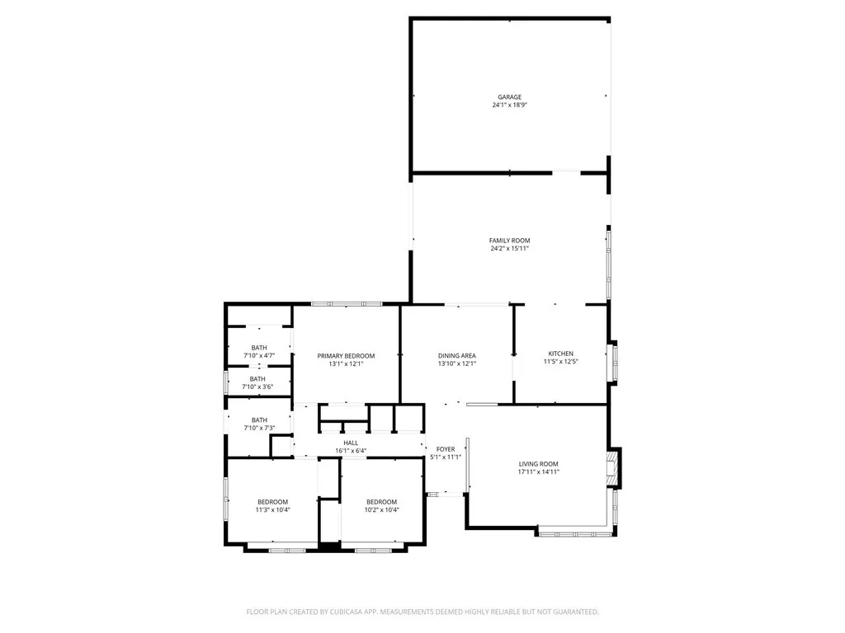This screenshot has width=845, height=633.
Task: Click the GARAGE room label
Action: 509,97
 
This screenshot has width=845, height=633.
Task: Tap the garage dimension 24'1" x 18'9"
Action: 509,105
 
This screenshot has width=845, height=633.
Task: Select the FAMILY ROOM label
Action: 509,241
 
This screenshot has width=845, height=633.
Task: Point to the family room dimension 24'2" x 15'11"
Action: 509,248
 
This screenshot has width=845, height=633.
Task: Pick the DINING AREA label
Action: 456,355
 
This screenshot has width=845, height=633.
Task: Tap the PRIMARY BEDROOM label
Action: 346,356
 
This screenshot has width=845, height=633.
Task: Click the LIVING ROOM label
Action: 538,464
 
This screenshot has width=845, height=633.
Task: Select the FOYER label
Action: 446,449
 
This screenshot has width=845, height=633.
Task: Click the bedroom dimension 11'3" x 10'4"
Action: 272,510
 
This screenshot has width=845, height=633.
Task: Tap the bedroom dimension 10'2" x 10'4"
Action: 381,510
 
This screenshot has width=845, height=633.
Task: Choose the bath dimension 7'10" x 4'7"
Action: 259,355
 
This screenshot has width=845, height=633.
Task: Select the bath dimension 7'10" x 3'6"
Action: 259,387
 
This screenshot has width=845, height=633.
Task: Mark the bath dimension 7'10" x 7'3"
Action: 259,428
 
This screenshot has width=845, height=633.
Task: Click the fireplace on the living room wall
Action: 612,467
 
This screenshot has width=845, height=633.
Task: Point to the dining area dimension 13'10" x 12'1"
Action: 456,363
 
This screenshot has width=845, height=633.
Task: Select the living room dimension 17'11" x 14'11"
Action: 538,472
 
